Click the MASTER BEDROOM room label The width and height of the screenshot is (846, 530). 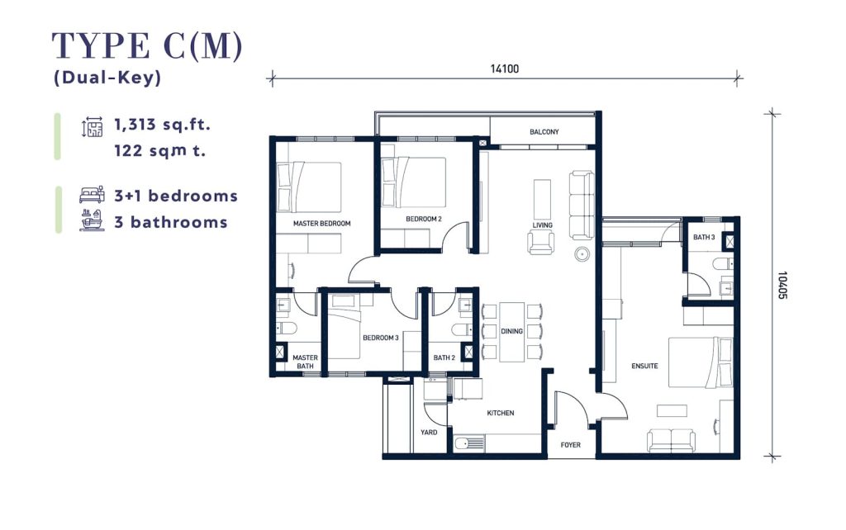(321, 223)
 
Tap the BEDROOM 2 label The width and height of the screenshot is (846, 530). (424, 219)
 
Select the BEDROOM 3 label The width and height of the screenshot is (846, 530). (380, 338)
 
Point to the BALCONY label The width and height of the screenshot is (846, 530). (544, 131)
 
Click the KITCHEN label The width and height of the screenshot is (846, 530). (500, 413)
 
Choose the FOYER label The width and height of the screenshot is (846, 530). (570, 445)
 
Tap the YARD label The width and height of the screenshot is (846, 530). (429, 432)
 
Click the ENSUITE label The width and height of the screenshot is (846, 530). (644, 366)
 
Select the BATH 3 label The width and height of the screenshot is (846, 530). (704, 237)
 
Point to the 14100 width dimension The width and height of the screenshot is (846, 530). (505, 69)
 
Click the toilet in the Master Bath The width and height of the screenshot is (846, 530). (287, 329)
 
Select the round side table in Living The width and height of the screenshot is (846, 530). (582, 254)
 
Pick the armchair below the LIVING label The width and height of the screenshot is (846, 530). (540, 242)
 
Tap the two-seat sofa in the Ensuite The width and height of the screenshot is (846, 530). (671, 441)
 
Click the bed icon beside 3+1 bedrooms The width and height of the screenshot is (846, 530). (93, 195)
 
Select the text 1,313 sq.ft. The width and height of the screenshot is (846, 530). (162, 125)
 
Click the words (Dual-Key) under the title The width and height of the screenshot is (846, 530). (107, 78)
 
